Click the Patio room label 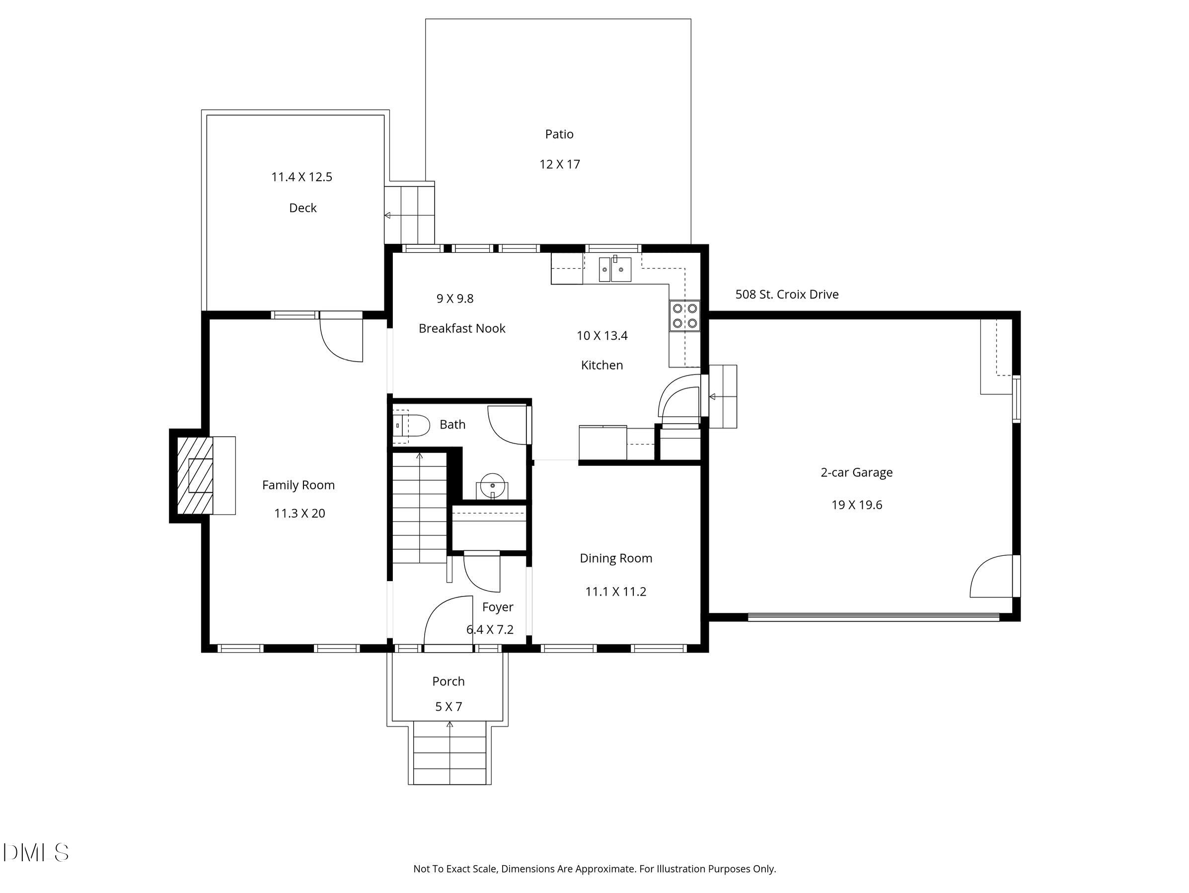point(559,135)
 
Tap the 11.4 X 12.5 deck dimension point(301,177)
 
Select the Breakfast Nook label point(462,328)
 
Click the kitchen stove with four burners point(685,315)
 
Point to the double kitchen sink point(615,269)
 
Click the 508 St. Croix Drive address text point(787,295)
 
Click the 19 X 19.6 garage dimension point(857,505)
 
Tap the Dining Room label point(616,559)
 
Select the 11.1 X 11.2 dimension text point(615,592)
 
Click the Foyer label point(498,607)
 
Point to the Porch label point(448,681)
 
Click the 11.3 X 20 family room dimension point(299,514)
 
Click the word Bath point(452,425)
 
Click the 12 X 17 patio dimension point(560,164)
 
